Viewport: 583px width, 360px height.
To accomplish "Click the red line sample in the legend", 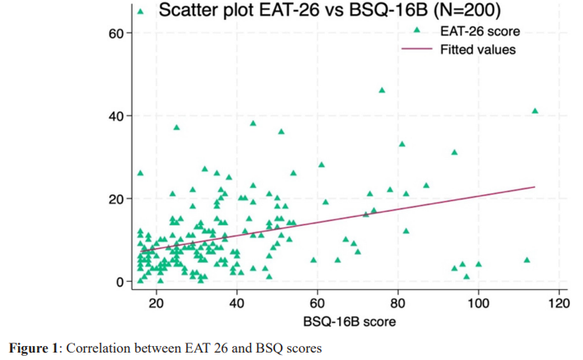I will click(x=417, y=49).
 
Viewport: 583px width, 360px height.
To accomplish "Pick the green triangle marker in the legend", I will click(x=417, y=31).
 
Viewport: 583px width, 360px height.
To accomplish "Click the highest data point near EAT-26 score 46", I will click(x=382, y=90).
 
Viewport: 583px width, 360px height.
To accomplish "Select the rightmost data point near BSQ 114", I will click(x=535, y=110).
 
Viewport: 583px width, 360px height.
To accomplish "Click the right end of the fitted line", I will click(x=534, y=187).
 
